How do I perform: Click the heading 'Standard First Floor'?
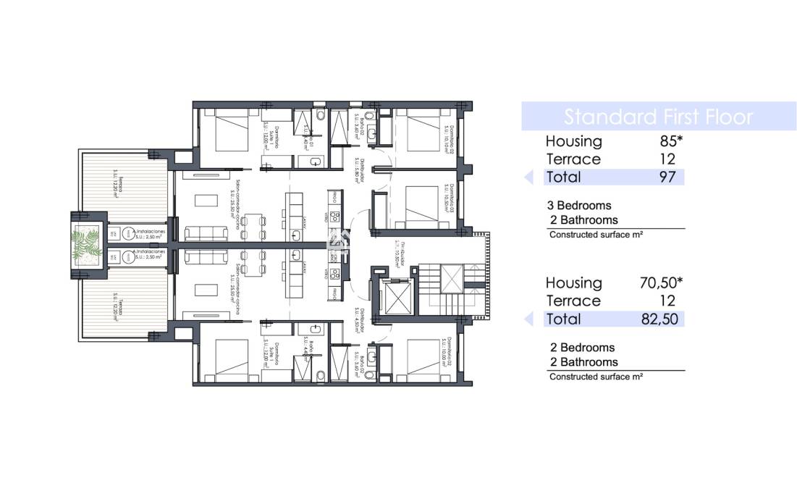658,117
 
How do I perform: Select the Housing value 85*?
662,141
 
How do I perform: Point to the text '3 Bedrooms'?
579,206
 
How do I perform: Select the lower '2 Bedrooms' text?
581,348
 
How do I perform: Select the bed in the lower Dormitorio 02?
421,359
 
